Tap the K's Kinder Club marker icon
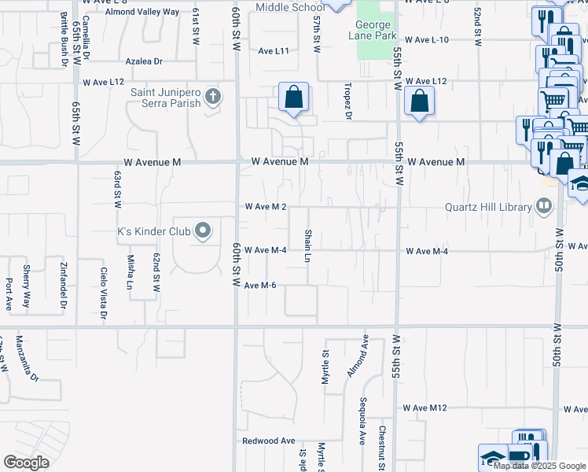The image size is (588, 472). click(x=204, y=231)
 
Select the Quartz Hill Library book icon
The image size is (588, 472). click(x=542, y=207)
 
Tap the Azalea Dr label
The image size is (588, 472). click(x=144, y=61)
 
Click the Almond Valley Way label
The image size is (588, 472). click(x=142, y=13)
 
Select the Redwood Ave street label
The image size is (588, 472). click(x=268, y=441)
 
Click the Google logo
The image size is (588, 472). click(x=27, y=462)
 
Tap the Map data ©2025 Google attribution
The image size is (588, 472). click(x=540, y=466)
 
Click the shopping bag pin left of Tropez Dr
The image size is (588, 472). click(x=293, y=98)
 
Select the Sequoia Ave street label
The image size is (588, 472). click(x=362, y=426)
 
